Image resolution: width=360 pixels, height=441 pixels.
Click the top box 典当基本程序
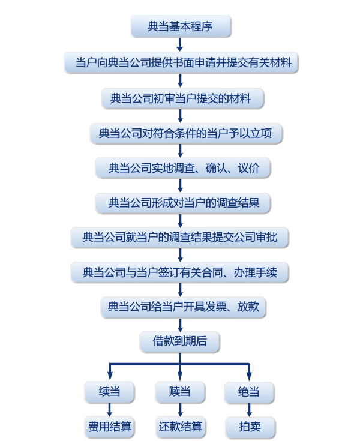(180, 28)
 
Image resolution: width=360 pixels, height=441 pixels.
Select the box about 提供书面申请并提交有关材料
(180, 62)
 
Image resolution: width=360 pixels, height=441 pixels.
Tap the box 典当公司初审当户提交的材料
(180, 98)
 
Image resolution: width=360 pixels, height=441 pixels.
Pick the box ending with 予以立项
(180, 133)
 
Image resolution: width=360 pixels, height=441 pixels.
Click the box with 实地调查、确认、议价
(180, 168)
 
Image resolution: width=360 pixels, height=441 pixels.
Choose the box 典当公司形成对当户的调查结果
(180, 203)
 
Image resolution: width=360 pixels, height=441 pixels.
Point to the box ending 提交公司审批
(180, 238)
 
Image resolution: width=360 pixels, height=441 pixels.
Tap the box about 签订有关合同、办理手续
(180, 272)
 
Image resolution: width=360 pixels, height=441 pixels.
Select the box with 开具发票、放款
(180, 307)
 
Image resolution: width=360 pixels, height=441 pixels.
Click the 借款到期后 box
(180, 341)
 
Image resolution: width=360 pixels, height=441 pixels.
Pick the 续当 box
(110, 392)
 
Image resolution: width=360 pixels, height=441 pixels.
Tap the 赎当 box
(180, 392)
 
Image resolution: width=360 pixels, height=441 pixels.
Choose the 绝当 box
(250, 393)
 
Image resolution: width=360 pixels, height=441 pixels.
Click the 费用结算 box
(110, 428)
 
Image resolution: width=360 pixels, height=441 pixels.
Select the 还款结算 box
(180, 428)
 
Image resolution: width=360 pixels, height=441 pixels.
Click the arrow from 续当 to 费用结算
(110, 410)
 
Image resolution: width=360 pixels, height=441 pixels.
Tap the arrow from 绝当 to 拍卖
(250, 411)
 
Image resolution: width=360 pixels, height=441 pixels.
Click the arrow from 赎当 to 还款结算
(180, 410)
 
